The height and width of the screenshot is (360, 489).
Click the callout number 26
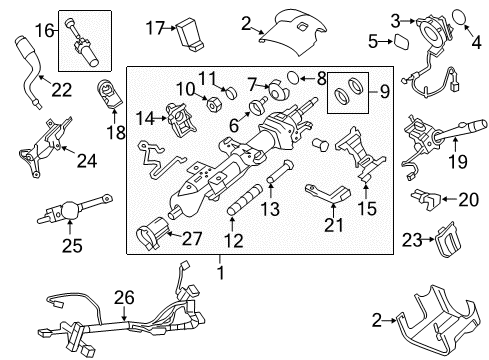[123, 295]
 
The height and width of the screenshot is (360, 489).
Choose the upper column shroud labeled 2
[290, 27]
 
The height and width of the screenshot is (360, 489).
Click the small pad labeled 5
[395, 41]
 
